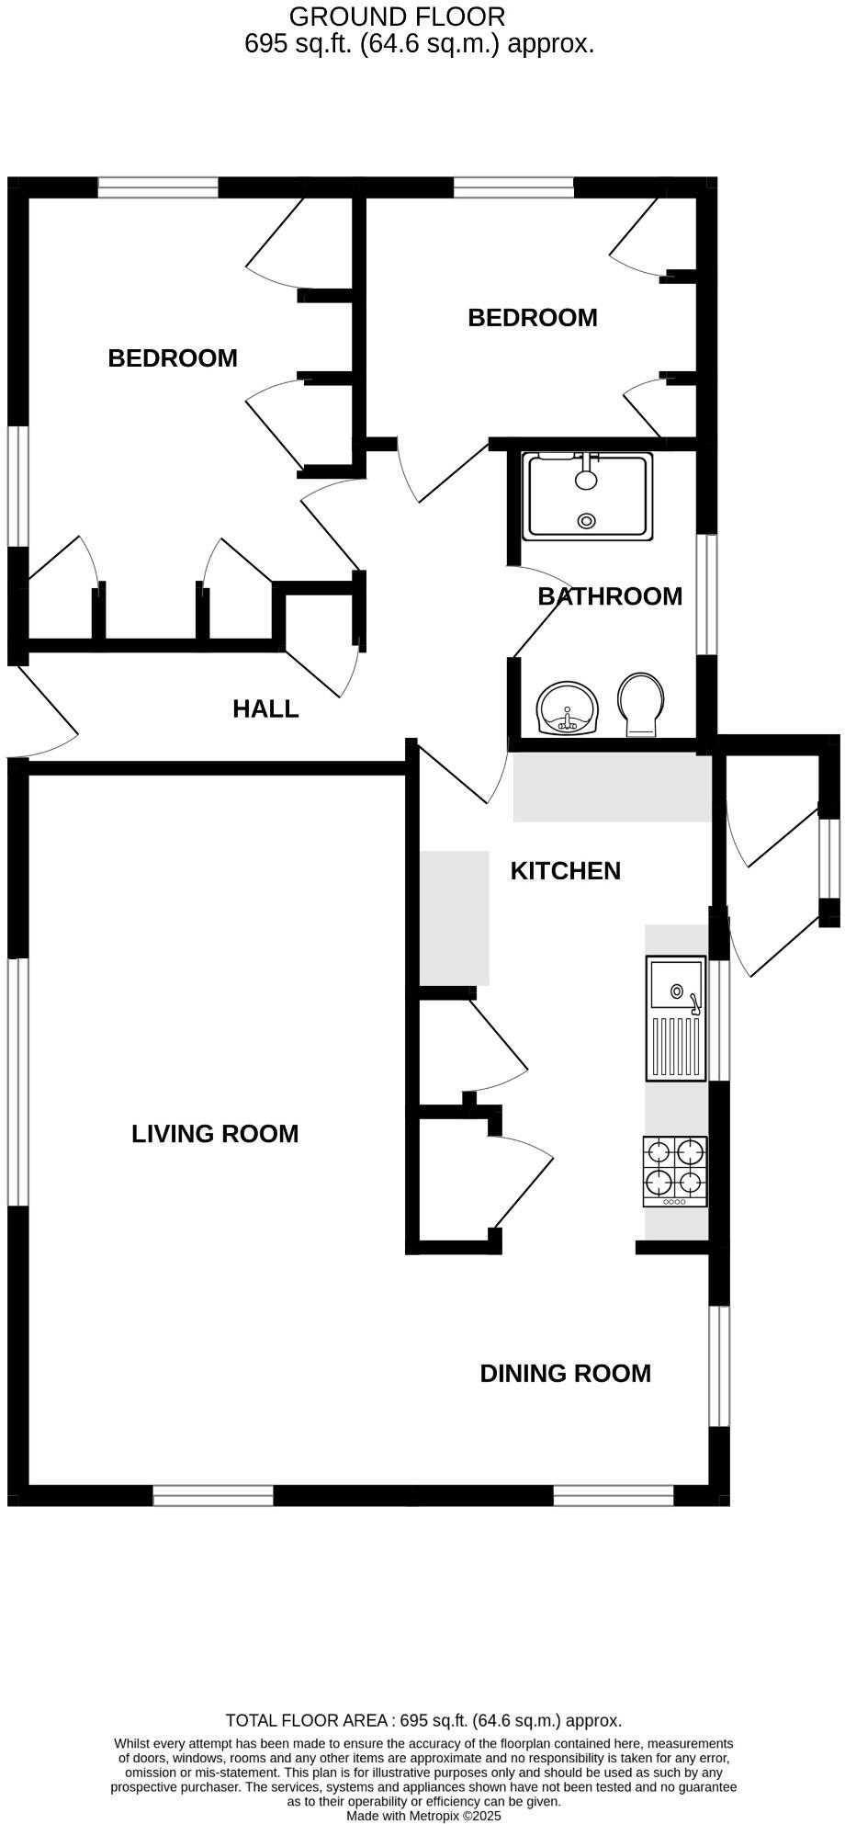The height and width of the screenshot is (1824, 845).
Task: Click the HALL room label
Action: (265, 708)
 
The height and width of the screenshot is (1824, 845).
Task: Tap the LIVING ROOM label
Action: (215, 1133)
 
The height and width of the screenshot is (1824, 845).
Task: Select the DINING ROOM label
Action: (565, 1373)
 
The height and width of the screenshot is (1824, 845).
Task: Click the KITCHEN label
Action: (565, 870)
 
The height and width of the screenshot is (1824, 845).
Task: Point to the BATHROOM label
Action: (610, 596)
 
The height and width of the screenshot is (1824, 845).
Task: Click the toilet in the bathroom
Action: (641, 704)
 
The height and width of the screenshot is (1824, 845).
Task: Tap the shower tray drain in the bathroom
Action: (586, 521)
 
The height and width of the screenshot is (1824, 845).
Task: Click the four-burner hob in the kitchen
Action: (675, 1172)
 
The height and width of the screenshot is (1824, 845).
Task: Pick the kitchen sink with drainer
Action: (676, 1018)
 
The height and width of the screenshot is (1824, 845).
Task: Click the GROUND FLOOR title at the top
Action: (397, 17)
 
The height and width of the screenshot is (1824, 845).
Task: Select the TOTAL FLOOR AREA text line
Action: (423, 1720)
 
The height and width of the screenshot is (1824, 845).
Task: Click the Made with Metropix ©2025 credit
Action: (423, 1816)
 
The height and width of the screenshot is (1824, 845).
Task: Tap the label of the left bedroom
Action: (173, 357)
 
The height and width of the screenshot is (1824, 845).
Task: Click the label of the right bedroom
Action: (532, 317)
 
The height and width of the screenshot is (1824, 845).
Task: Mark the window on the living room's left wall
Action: (18, 1082)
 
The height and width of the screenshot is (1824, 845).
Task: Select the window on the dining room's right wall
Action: (719, 1365)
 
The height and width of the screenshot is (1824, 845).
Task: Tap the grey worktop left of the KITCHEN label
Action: (454, 917)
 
